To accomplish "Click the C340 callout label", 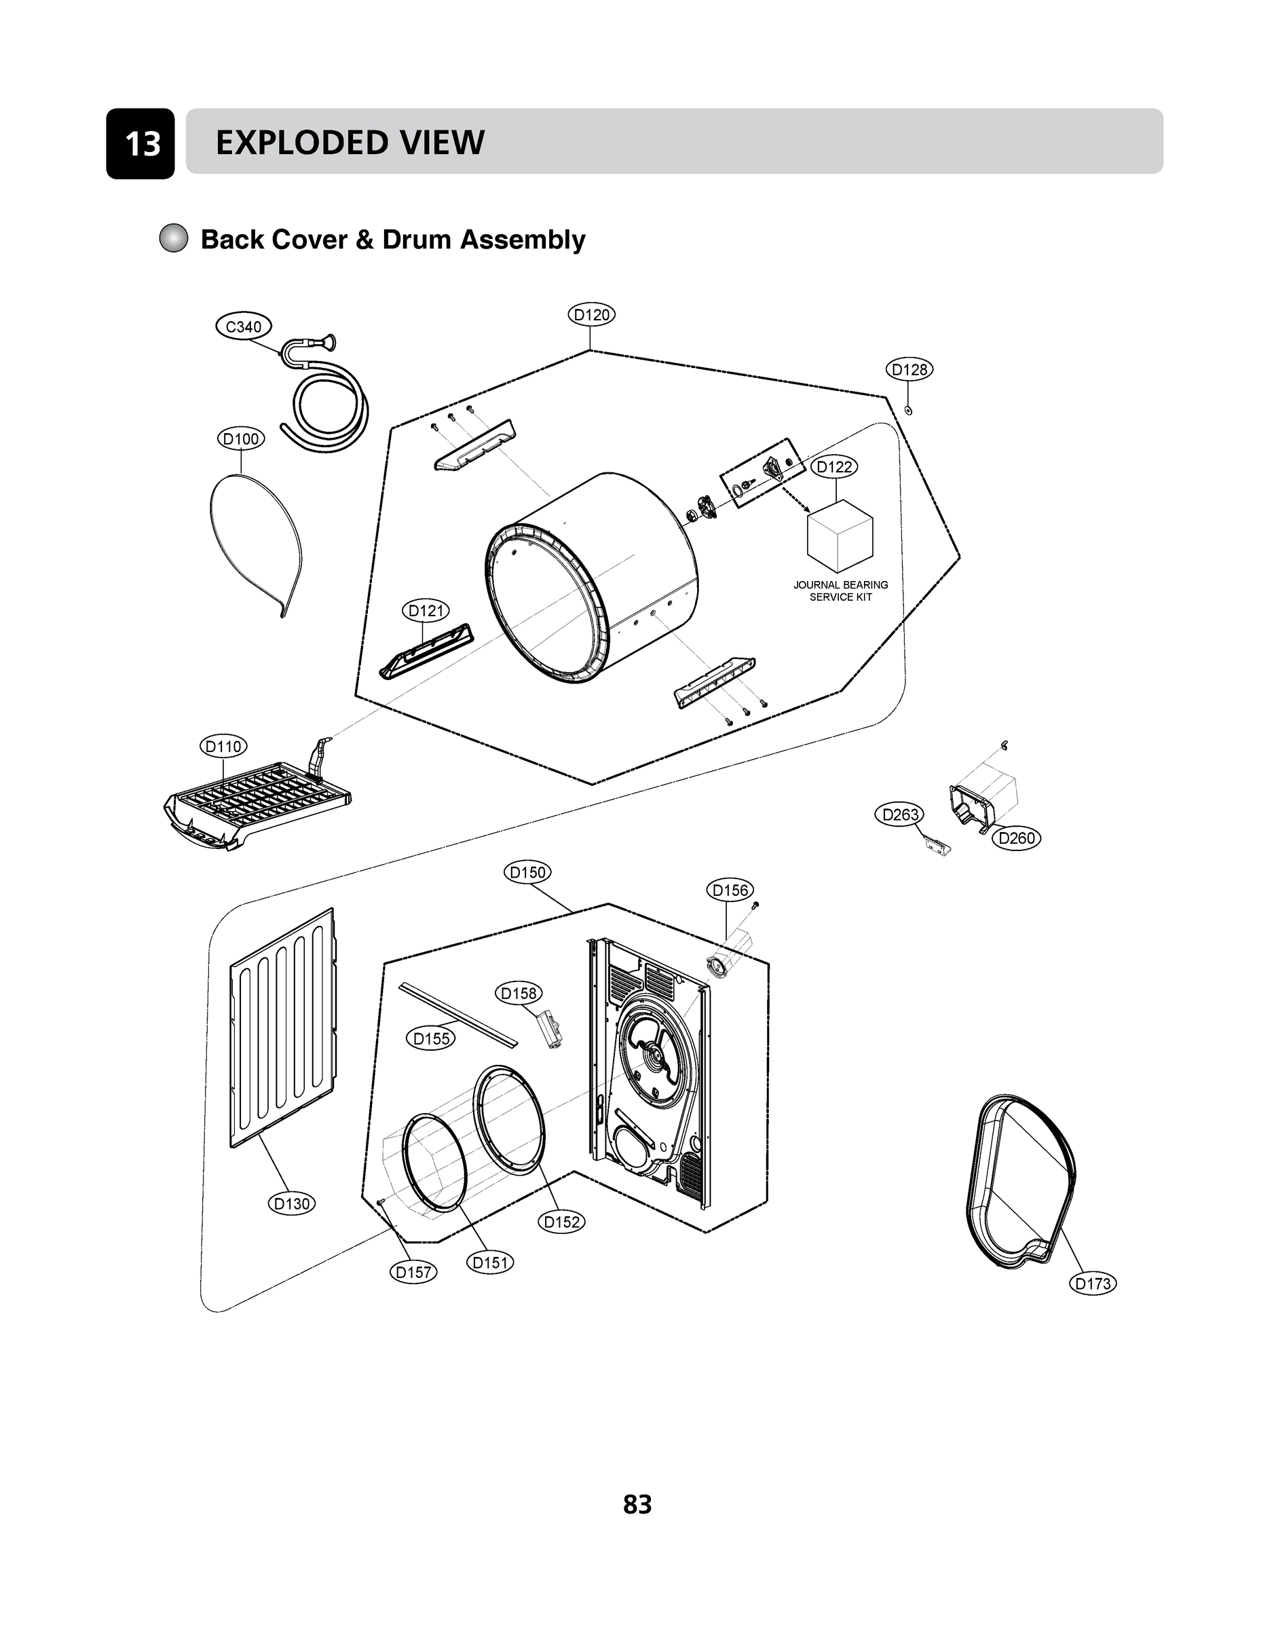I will coord(244,326).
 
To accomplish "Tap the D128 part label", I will coord(909,369).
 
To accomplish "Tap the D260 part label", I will coord(1016,838).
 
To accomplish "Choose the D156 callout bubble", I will coord(730,890).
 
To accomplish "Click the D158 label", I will coord(519,994).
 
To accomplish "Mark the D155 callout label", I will coord(432,1038).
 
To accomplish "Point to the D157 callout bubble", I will coord(413,1272).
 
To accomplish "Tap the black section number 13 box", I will coord(140,143).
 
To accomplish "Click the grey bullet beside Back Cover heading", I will coord(173,239).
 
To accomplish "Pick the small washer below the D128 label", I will coord(908,410).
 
